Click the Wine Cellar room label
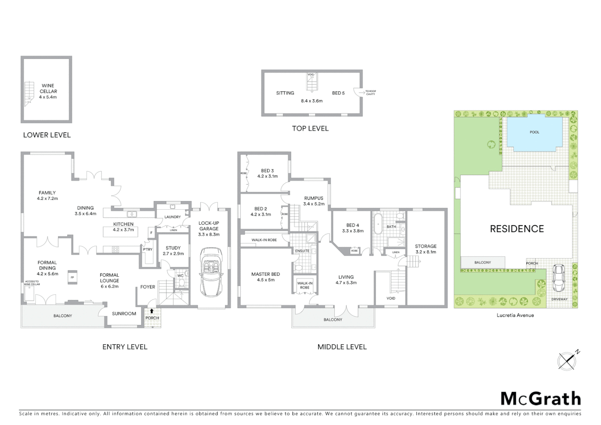48,91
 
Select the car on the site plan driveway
559,278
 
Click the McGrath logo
540,399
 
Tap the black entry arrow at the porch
152,311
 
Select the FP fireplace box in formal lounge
72,277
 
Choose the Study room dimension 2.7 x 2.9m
173,253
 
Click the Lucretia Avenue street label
515,315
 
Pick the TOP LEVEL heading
310,128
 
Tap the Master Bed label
265,274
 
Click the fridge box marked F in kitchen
151,233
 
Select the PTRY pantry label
147,249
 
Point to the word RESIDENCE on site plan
516,229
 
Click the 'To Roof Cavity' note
371,92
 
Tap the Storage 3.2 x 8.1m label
426,249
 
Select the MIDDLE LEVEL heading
342,347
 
